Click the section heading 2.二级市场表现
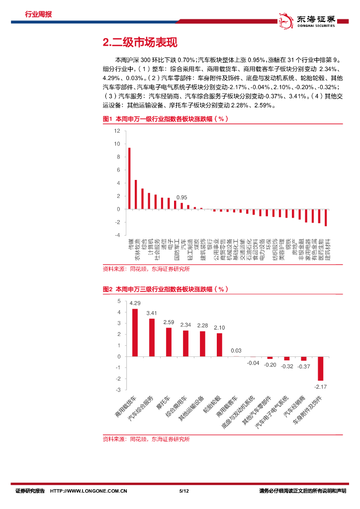click(x=139, y=43)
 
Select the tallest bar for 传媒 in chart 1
click(x=129, y=178)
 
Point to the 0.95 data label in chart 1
click(x=181, y=197)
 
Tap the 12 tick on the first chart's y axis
click(x=117, y=131)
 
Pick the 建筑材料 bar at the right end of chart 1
click(x=326, y=217)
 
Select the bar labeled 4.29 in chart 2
click(x=135, y=333)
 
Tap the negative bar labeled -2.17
click(x=321, y=368)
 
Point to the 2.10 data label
click(x=219, y=328)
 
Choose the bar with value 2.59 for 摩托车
click(x=169, y=342)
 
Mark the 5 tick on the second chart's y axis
click(x=119, y=301)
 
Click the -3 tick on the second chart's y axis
click(x=118, y=390)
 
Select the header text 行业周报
click(x=38, y=14)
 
